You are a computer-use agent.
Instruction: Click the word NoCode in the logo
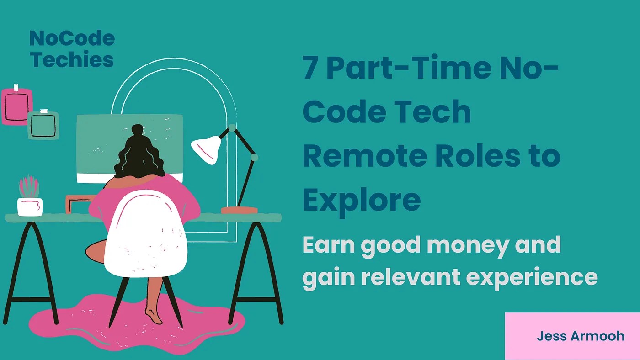point(72,39)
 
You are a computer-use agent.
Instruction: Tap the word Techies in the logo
point(72,60)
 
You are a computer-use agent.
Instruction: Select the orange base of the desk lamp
point(239,210)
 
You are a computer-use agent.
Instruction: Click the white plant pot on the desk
point(30,206)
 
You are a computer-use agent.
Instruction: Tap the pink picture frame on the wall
point(17,106)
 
